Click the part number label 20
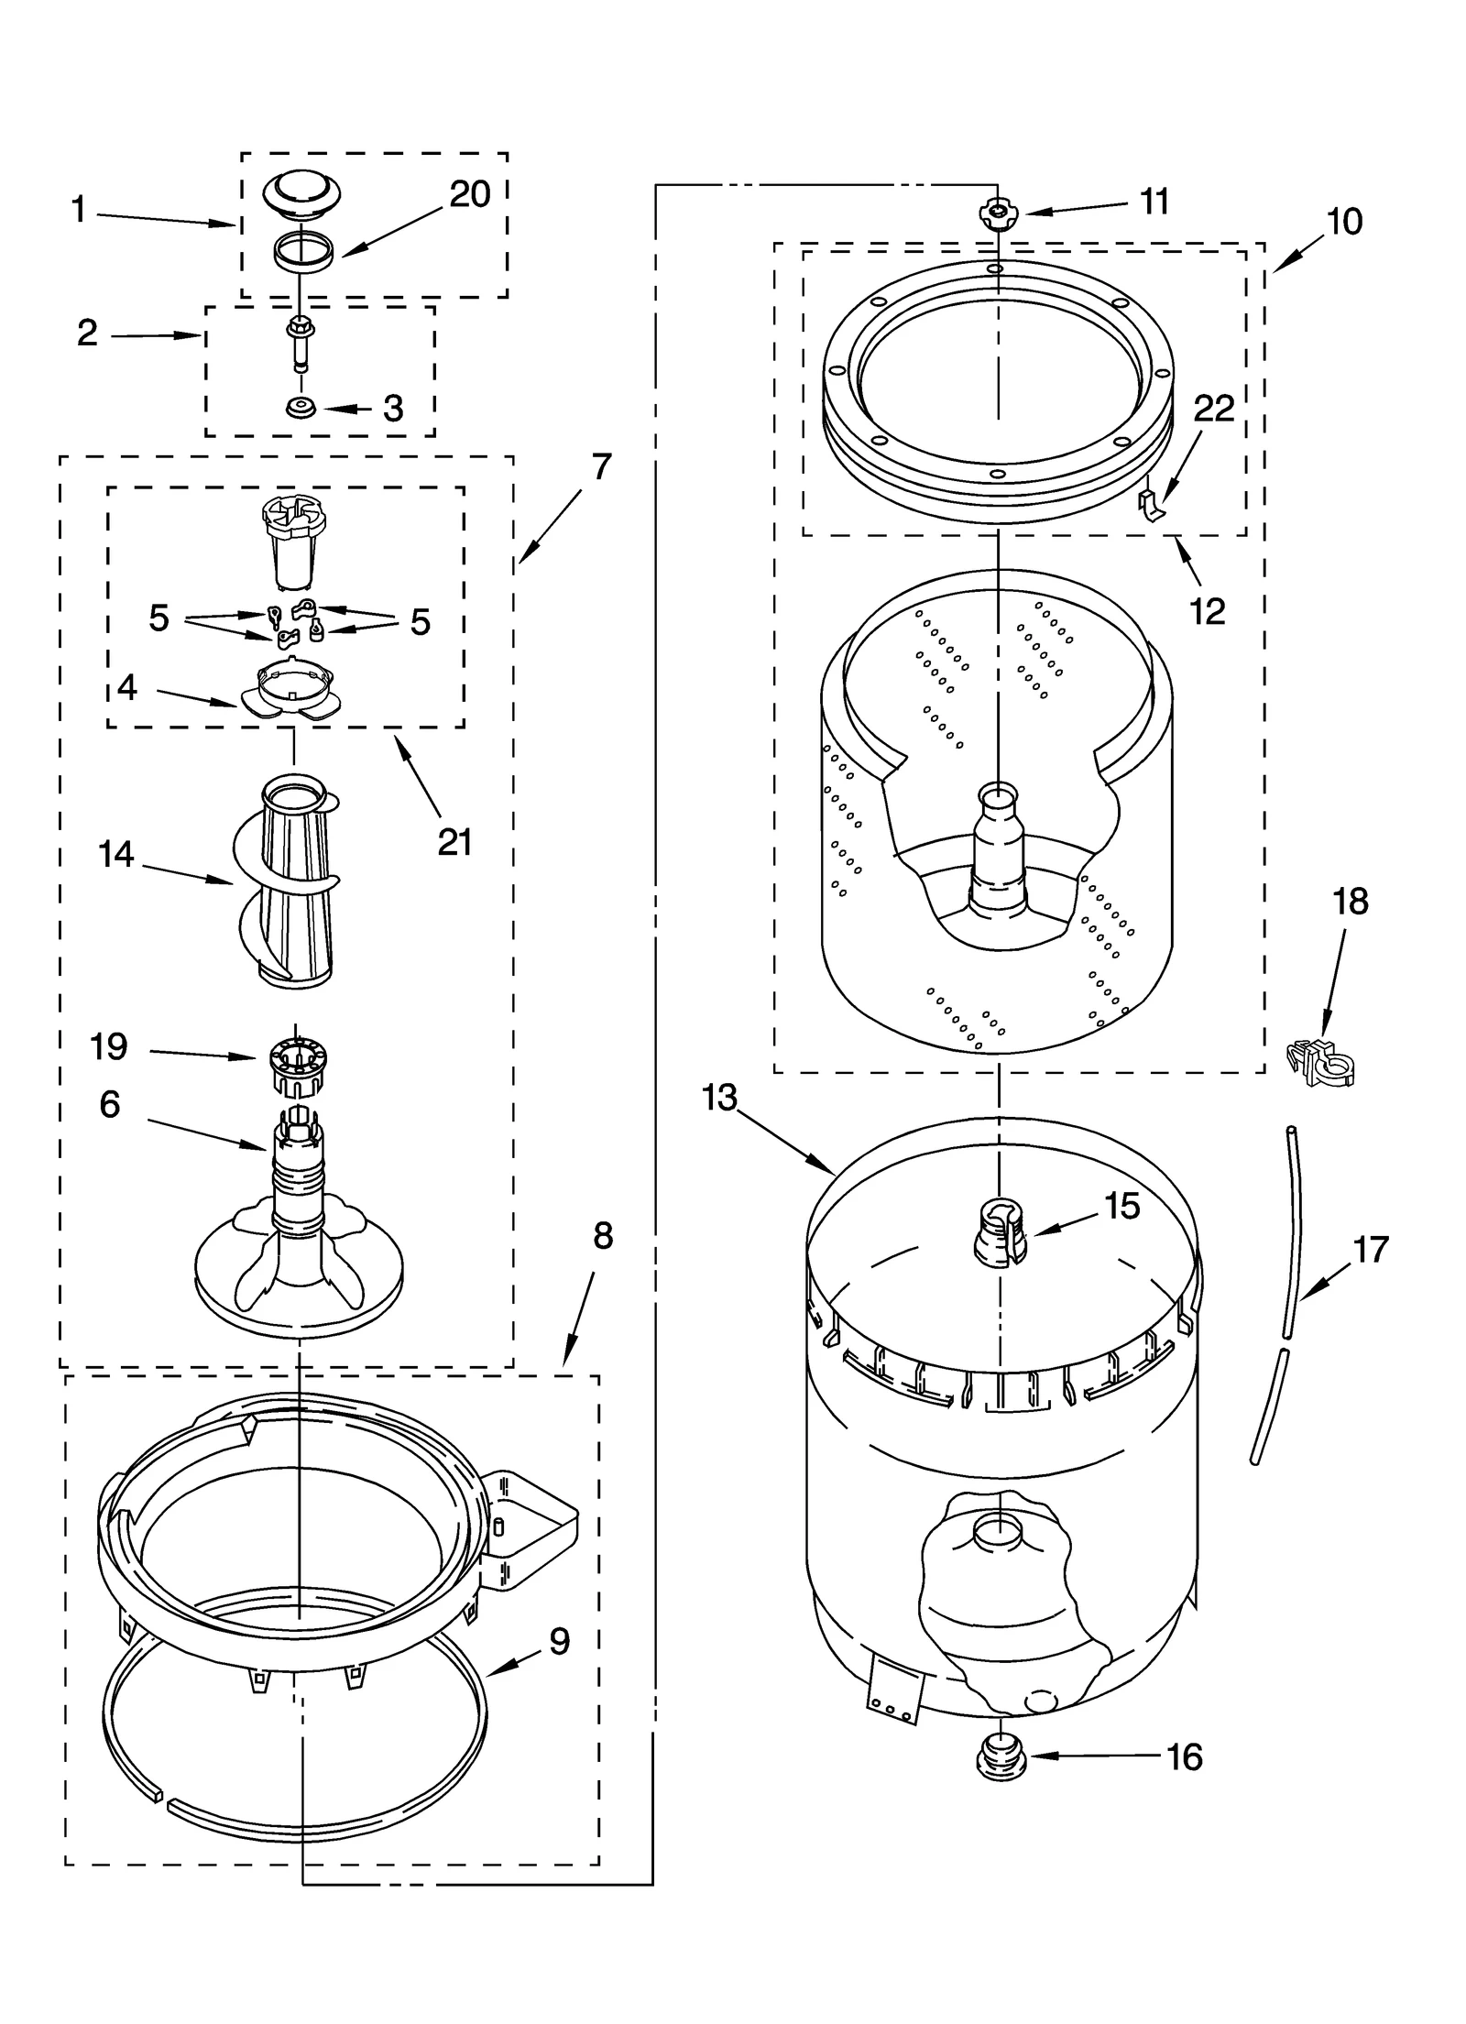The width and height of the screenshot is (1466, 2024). (x=470, y=194)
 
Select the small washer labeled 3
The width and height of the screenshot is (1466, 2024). (x=300, y=407)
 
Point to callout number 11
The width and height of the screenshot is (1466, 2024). (x=1154, y=202)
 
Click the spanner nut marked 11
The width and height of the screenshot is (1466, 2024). (x=998, y=215)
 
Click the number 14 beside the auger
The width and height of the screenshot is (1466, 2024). (x=116, y=855)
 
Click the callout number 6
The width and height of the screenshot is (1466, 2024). (x=109, y=1104)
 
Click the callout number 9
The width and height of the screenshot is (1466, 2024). (x=559, y=1640)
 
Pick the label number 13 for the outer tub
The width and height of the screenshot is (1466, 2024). (x=720, y=1097)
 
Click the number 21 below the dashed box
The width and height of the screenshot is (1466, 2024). (x=454, y=841)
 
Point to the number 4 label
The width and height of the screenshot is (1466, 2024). (x=127, y=687)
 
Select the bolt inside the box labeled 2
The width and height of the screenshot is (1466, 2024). (x=299, y=344)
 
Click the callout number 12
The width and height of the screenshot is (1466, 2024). (x=1208, y=611)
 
